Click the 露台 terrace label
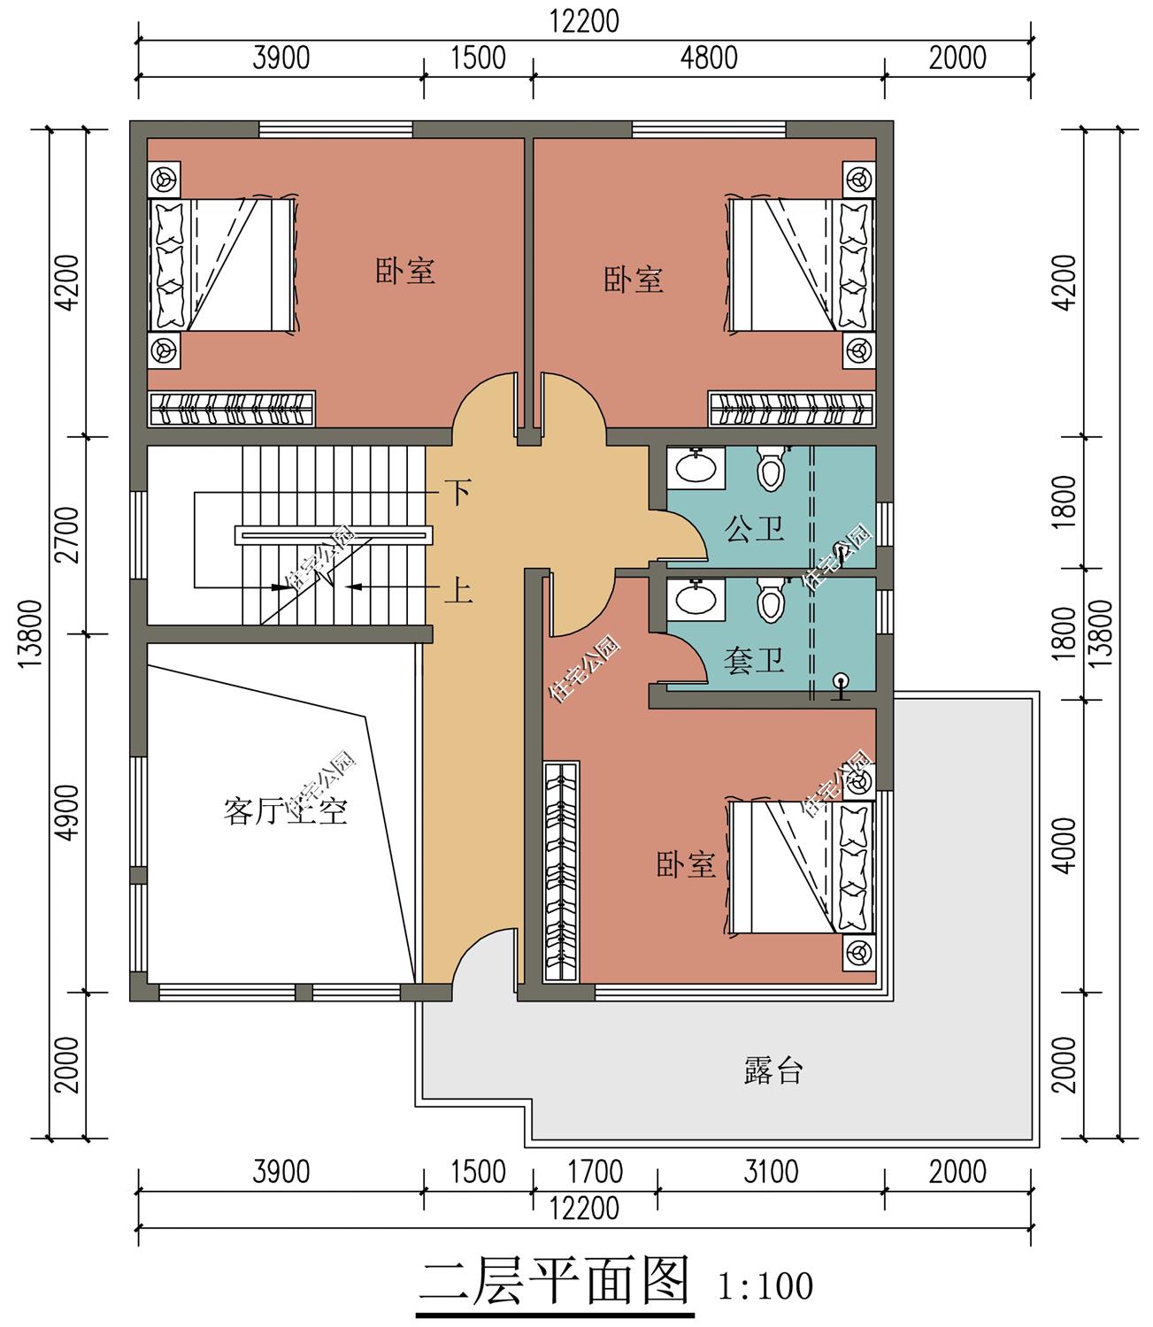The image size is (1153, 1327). [x=773, y=1070]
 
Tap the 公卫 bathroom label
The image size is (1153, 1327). [x=754, y=529]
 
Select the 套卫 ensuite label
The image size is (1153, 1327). [x=754, y=661]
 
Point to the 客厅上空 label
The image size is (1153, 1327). [x=285, y=811]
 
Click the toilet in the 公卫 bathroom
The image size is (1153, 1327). [x=770, y=468]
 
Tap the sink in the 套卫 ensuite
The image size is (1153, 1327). [x=696, y=599]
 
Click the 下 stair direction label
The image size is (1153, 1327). [x=457, y=492]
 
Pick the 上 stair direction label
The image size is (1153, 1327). [x=457, y=590]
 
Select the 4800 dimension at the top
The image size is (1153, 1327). [x=709, y=58]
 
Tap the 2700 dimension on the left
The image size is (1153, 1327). [x=67, y=535]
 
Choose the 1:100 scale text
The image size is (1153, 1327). [x=765, y=1286]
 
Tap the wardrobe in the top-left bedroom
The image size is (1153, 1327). [x=232, y=409]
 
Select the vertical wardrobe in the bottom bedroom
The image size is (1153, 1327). [x=561, y=872]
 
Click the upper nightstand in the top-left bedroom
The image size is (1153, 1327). [x=164, y=178]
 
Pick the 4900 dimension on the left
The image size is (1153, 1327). [x=67, y=812]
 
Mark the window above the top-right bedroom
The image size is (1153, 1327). [x=709, y=129]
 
